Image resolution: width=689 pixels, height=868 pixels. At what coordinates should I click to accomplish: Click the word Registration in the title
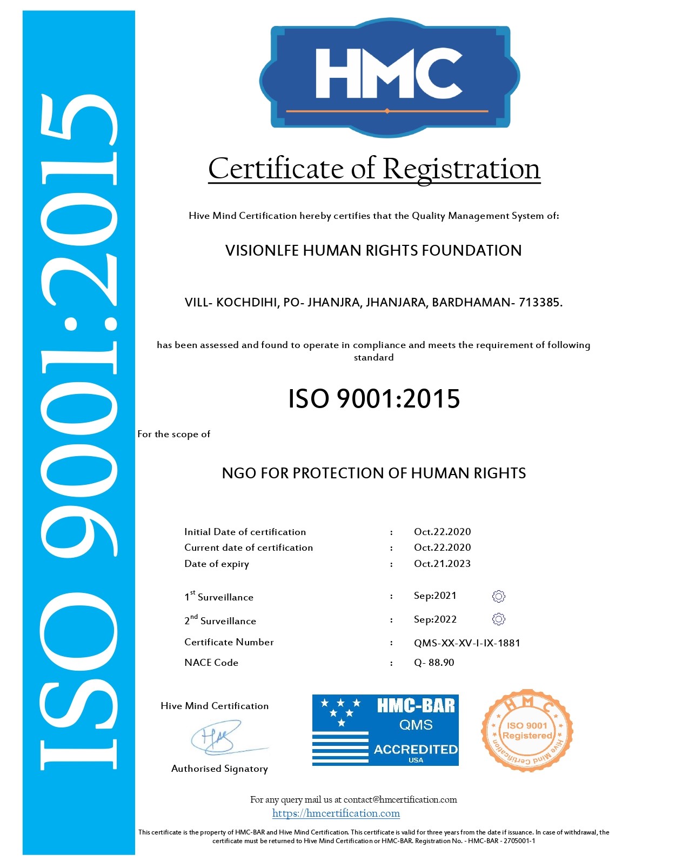(461, 169)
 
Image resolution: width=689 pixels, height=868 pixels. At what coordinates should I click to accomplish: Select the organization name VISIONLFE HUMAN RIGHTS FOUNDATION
(373, 251)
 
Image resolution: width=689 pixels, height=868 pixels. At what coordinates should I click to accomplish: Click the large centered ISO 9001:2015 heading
(374, 399)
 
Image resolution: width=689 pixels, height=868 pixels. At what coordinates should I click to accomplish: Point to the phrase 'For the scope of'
(173, 434)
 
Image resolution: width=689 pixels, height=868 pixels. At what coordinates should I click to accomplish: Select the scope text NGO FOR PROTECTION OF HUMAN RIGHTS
(373, 473)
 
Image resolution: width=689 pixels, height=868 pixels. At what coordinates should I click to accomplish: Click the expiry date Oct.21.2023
(442, 564)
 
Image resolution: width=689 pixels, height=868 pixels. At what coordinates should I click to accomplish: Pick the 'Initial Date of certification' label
(245, 532)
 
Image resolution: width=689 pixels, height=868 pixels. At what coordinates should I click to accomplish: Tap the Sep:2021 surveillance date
(435, 596)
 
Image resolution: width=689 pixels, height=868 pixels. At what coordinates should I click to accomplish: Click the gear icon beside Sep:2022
(499, 619)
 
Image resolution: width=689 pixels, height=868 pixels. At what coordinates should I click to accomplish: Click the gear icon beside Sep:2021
(499, 596)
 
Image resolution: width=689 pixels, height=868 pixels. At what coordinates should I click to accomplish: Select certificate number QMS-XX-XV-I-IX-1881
(467, 643)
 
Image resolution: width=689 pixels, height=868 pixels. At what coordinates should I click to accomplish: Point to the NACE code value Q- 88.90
(434, 663)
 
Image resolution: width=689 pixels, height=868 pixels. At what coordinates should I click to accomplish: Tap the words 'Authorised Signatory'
(219, 769)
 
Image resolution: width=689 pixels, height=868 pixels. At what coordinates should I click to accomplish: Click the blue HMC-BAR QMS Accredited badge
(385, 730)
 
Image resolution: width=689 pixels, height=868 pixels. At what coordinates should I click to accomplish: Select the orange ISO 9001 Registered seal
(527, 731)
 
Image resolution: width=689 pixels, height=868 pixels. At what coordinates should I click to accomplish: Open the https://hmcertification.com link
(336, 813)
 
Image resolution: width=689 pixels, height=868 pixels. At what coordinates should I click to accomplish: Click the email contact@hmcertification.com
(400, 799)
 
